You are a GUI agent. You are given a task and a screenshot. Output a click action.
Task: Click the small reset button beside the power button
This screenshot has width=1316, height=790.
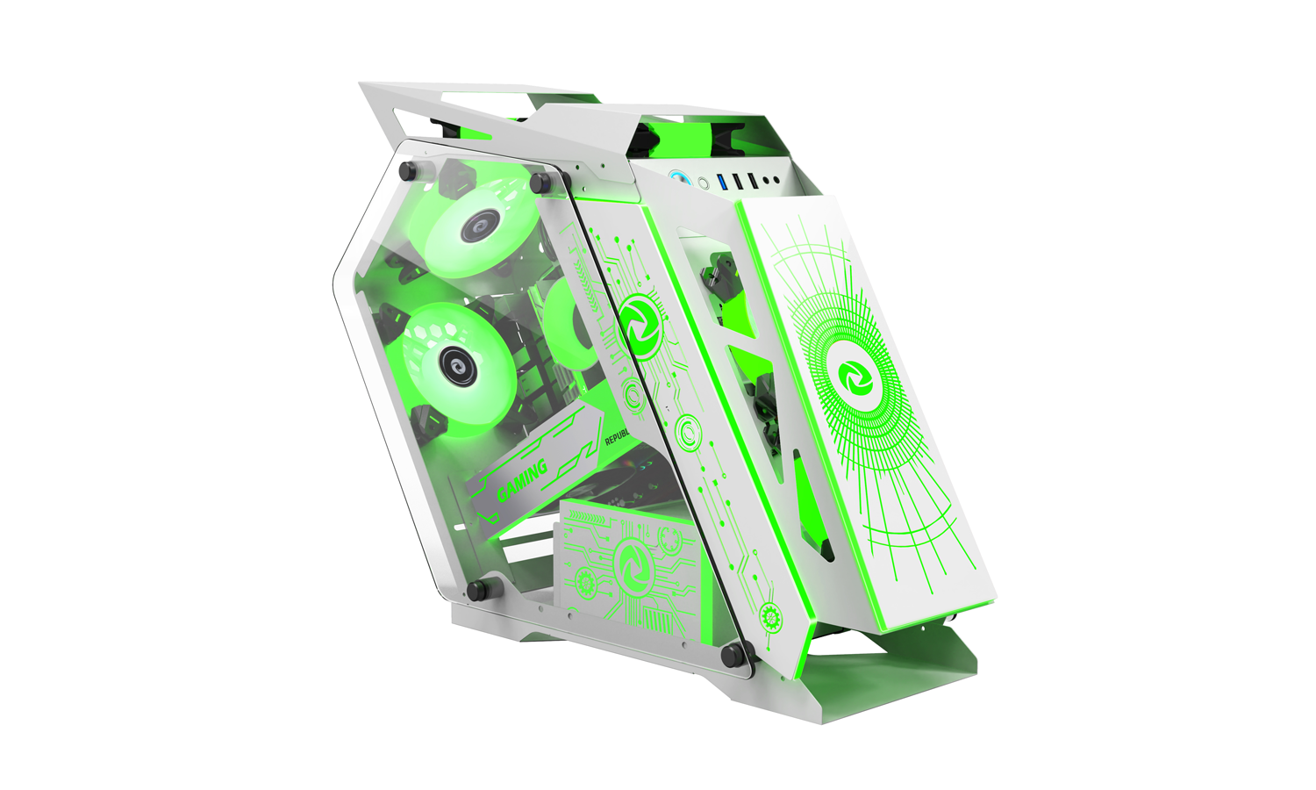(x=703, y=183)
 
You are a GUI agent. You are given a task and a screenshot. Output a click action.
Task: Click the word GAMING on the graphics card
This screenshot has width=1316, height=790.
(x=523, y=480)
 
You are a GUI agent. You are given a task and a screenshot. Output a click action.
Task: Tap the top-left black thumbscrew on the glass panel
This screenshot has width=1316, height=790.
(x=407, y=171)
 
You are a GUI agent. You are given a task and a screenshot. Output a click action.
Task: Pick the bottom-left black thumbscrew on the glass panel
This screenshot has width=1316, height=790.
(x=476, y=590)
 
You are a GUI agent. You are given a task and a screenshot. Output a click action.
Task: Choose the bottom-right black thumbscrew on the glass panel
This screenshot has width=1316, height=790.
(x=730, y=654)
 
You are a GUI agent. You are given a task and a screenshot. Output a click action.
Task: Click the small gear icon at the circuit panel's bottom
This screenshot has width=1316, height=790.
(x=771, y=614)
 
